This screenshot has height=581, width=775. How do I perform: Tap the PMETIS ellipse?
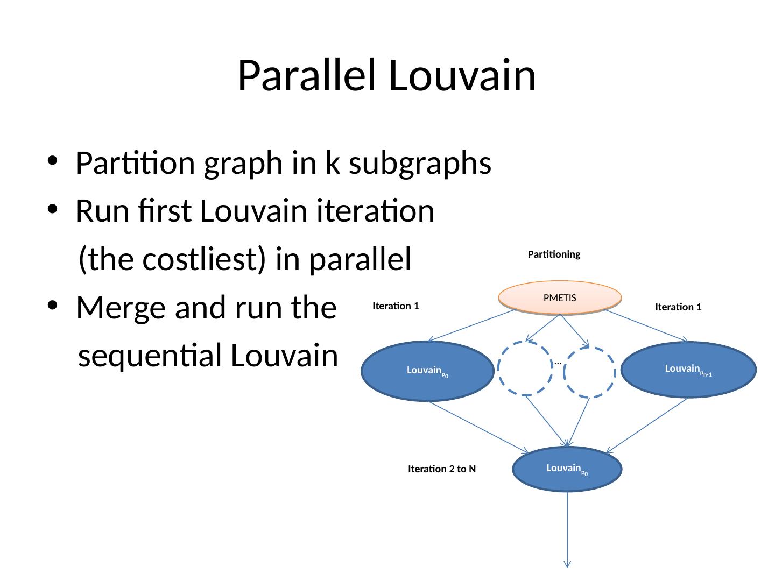[x=560, y=297]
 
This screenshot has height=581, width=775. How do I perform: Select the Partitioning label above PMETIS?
[x=554, y=254]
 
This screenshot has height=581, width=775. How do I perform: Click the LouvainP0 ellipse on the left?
[x=428, y=371]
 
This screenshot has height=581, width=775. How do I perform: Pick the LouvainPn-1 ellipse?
[x=689, y=370]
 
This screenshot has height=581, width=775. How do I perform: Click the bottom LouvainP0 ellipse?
[x=568, y=469]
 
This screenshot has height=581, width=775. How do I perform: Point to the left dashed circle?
[x=526, y=369]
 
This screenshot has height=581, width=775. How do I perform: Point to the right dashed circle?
[x=590, y=372]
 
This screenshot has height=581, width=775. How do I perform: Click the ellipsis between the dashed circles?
[x=558, y=363]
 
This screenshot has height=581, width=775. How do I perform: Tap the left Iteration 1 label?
[x=396, y=306]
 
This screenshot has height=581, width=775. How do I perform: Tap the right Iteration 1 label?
[x=678, y=307]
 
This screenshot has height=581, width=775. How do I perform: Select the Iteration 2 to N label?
[x=442, y=469]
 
